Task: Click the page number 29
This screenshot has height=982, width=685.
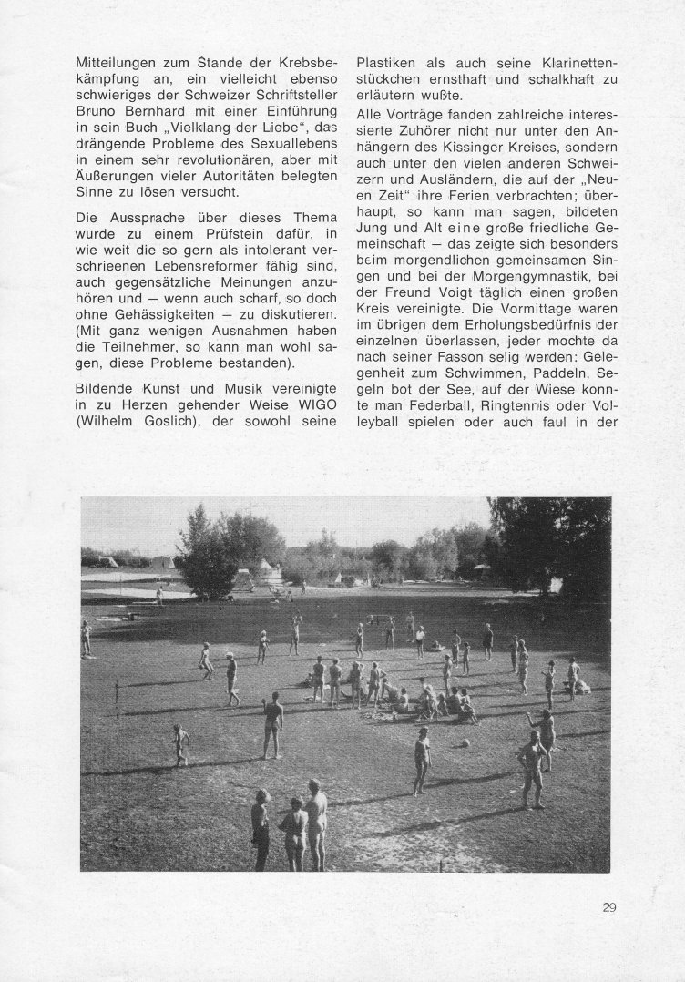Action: coord(609,906)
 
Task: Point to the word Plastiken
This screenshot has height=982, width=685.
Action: coord(389,64)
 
